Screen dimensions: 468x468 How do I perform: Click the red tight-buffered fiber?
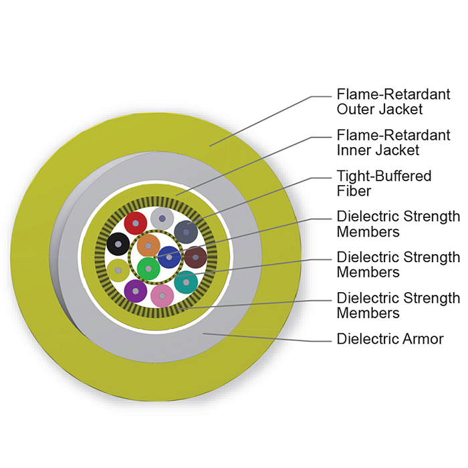(x=136, y=223)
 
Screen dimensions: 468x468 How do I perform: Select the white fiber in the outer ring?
(x=162, y=219)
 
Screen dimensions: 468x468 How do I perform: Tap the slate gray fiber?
(x=186, y=232)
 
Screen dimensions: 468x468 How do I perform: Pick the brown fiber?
(x=195, y=257)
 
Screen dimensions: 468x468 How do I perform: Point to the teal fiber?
(x=186, y=282)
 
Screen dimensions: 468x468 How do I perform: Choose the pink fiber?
(x=162, y=296)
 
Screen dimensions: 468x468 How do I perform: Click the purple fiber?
(x=136, y=291)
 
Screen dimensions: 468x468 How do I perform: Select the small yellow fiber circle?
(x=118, y=271)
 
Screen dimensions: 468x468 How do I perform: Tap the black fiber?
(x=118, y=244)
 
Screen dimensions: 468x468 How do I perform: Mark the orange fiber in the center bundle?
(x=148, y=246)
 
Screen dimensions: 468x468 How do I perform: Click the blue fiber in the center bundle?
(x=169, y=257)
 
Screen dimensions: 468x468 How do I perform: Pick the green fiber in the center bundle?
(x=148, y=269)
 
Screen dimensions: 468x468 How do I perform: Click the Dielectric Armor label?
(x=390, y=339)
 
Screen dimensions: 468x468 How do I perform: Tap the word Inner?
(x=354, y=150)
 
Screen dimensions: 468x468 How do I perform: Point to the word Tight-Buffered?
(x=384, y=176)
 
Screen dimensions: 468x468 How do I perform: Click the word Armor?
(x=423, y=339)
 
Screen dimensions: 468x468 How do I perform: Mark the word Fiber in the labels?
(x=354, y=191)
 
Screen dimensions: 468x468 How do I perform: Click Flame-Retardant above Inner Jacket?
(x=393, y=135)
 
